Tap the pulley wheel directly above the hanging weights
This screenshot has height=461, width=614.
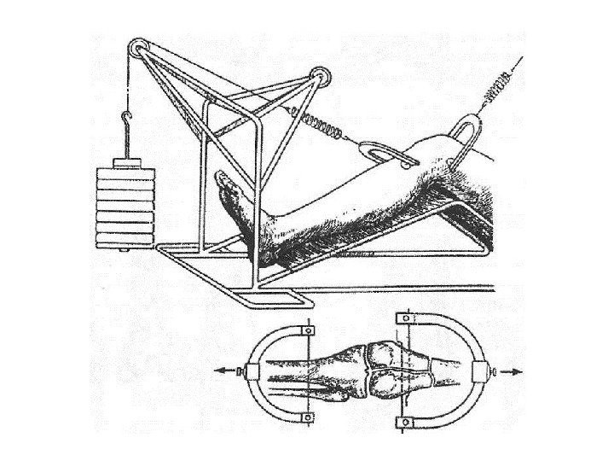[x=135, y=49]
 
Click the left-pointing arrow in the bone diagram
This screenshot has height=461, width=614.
[x=223, y=371]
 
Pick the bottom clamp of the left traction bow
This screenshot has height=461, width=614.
[x=306, y=417]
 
